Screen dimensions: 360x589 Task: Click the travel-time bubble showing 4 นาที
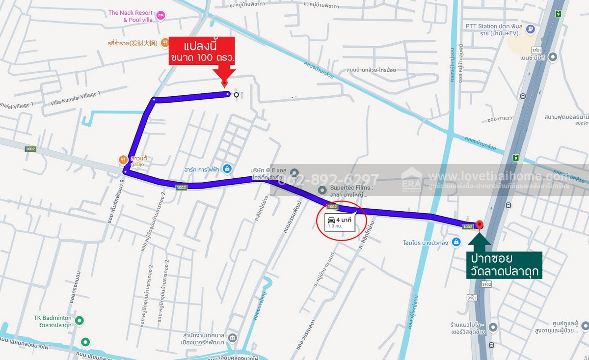click(x=341, y=222)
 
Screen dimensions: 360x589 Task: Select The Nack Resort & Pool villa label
click(x=131, y=16)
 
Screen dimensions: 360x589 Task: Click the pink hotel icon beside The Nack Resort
click(x=161, y=16)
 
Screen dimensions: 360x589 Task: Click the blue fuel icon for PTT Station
click(x=530, y=29)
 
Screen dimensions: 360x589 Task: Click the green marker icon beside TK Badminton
click(x=80, y=321)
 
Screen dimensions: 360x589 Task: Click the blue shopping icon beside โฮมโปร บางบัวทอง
click(x=456, y=242)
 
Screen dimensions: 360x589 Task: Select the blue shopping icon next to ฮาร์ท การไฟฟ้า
click(x=227, y=169)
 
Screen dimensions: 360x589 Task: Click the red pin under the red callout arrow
click(x=224, y=84)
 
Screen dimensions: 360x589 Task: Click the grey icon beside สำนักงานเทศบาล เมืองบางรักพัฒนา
click(x=233, y=338)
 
